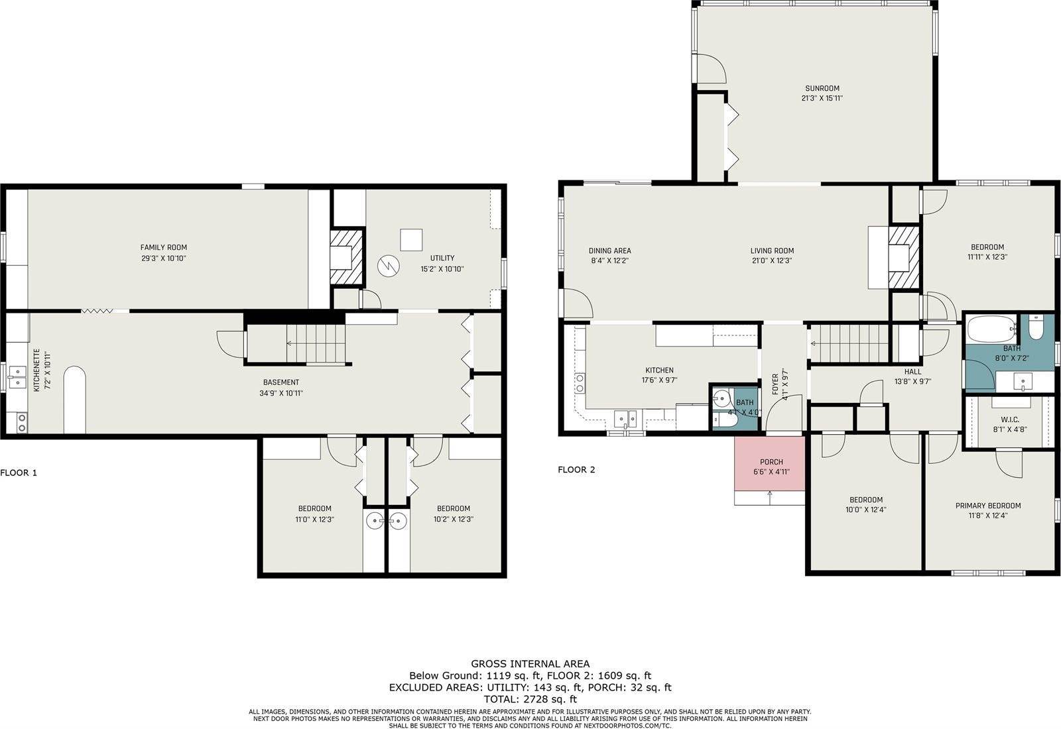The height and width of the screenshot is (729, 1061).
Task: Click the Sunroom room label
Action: point(822,88)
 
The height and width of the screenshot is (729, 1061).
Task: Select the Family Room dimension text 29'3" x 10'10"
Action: point(163,258)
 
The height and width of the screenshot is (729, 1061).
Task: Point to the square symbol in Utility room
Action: point(411,240)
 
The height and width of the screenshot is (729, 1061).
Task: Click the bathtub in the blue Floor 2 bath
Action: point(992,327)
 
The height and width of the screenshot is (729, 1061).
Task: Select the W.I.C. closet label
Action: point(1009,420)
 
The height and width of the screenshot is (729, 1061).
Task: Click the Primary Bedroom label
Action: point(987,505)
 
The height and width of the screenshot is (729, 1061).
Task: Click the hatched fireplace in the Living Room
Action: point(903,257)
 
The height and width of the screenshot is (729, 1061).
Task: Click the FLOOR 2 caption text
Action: point(576,470)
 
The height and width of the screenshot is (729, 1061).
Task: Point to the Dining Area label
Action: point(609,251)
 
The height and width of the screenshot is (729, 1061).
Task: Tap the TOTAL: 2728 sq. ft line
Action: point(530,699)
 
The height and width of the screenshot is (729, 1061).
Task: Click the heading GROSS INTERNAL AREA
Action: point(530,663)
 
